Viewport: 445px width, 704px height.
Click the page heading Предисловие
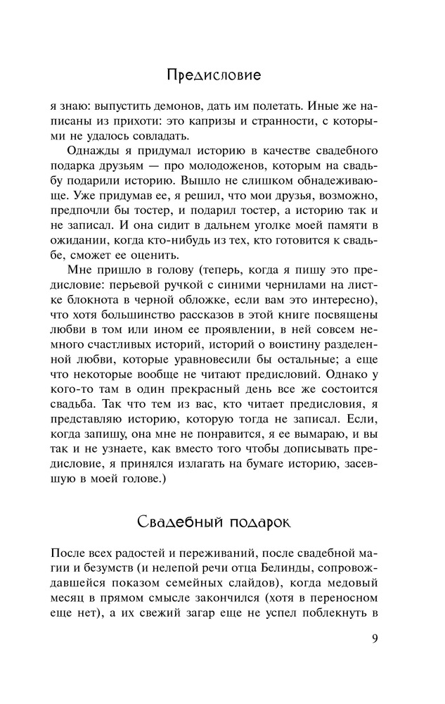215,73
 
